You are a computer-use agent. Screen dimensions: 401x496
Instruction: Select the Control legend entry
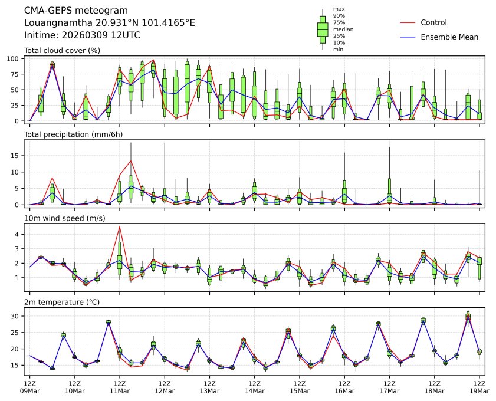click(433, 22)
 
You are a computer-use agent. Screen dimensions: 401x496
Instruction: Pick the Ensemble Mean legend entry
click(449, 37)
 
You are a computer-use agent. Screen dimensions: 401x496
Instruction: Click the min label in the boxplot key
click(337, 50)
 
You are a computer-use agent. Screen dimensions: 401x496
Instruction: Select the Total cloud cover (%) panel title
click(62, 51)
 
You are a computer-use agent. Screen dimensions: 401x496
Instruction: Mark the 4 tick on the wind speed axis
click(19, 234)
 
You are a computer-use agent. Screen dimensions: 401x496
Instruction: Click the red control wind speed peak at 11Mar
click(120, 227)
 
